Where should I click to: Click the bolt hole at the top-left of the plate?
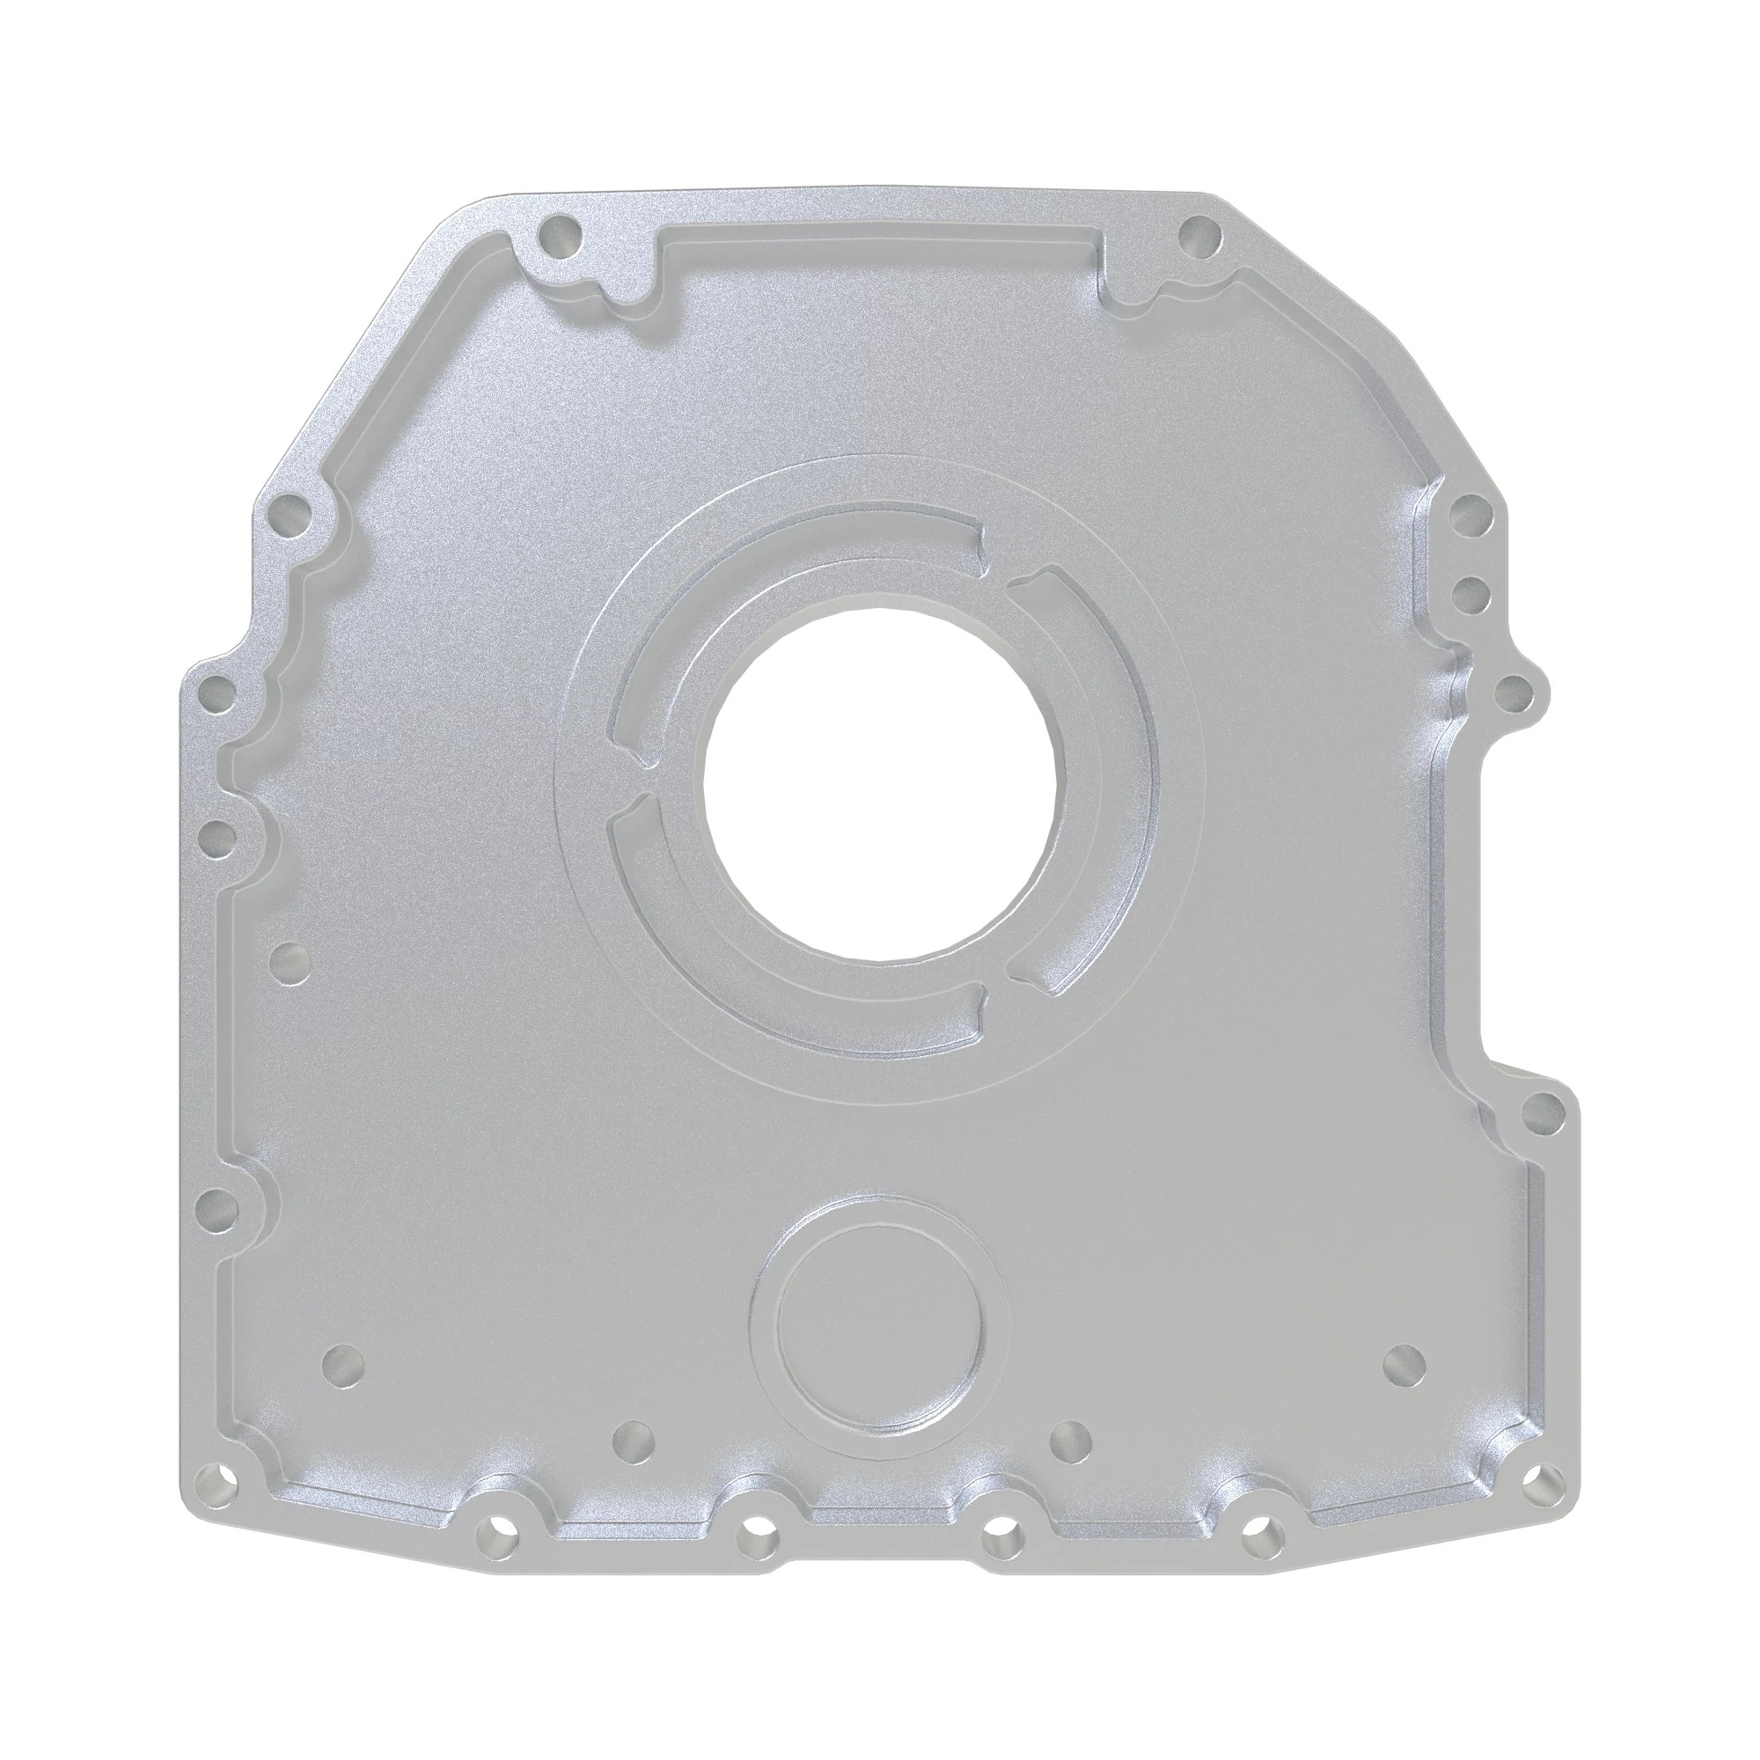(x=560, y=237)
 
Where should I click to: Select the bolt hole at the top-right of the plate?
(x=1199, y=237)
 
